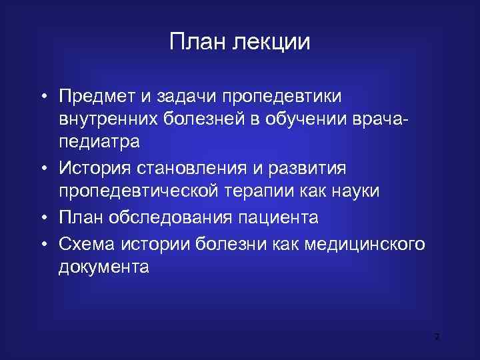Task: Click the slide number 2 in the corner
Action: coord(437,337)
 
